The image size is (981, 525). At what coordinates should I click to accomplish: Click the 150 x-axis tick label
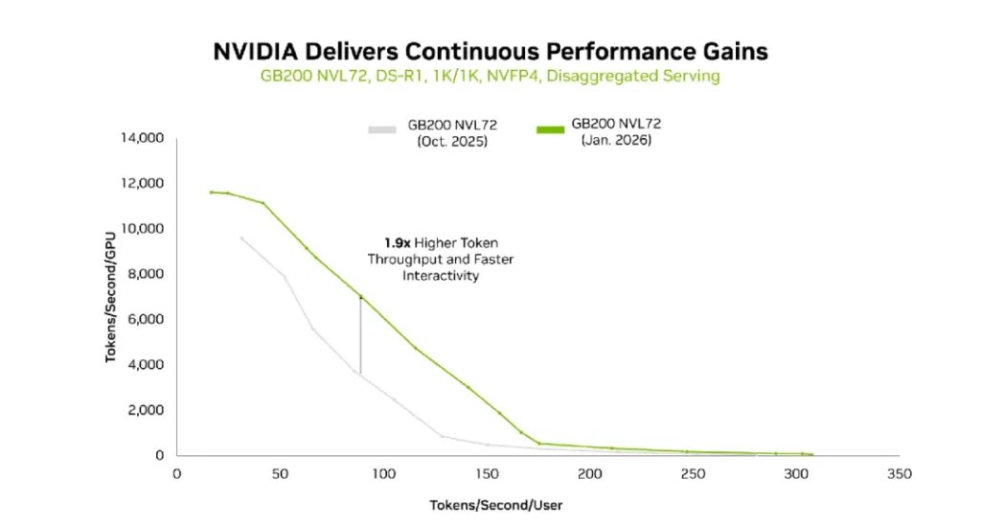click(x=488, y=474)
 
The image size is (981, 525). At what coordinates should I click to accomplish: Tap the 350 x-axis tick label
click(x=899, y=474)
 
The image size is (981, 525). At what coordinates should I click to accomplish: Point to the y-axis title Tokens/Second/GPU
click(x=111, y=296)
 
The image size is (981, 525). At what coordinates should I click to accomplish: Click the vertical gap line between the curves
click(x=360, y=335)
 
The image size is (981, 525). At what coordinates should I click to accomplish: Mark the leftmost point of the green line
click(x=212, y=193)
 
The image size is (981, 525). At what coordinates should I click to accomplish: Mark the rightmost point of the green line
click(x=811, y=455)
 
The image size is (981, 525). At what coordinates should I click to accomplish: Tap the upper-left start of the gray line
click(x=240, y=238)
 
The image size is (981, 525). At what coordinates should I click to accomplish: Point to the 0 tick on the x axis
click(x=176, y=474)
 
